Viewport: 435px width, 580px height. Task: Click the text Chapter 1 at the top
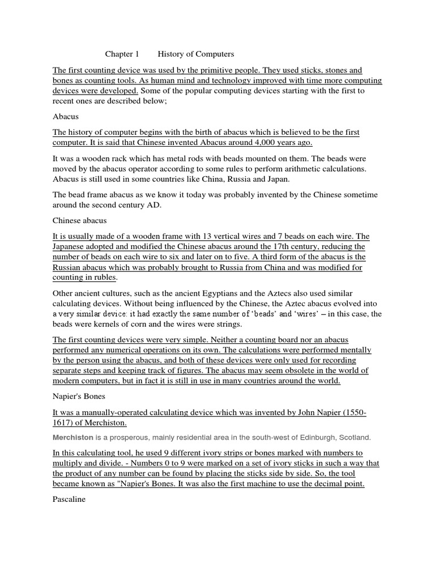(122, 54)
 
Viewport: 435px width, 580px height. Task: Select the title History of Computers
(195, 54)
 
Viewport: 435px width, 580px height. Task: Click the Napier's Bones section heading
(80, 397)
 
